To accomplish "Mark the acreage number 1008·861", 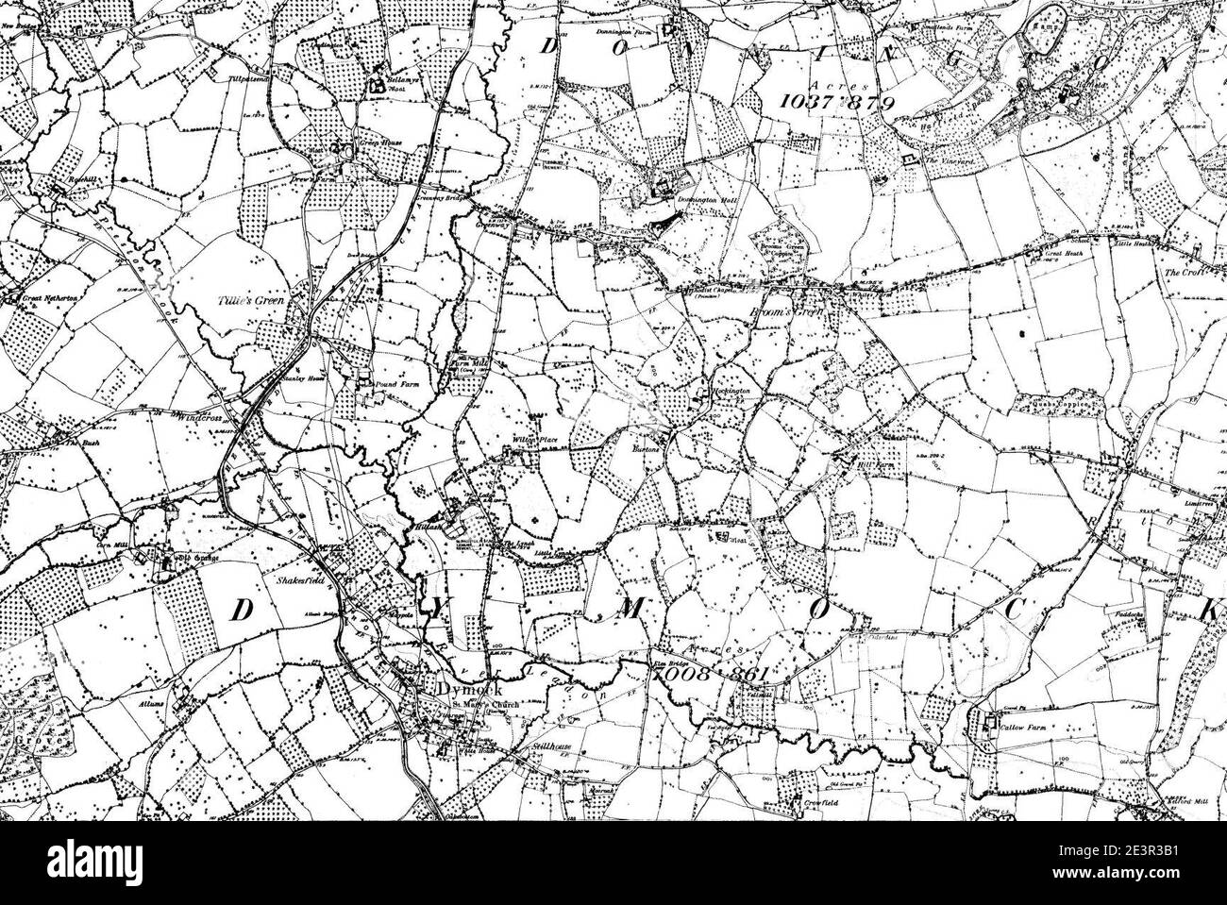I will (x=720, y=675).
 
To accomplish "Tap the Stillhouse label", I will (x=547, y=745).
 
